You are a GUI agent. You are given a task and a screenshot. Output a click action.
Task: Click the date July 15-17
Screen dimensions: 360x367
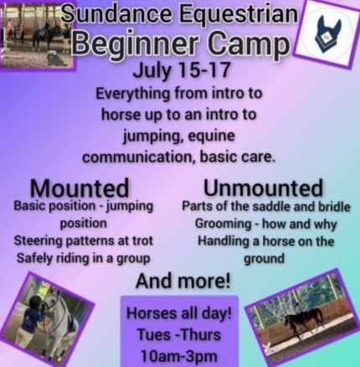tap(182, 70)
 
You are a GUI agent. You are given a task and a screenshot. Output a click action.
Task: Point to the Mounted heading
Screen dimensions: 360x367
tap(80, 188)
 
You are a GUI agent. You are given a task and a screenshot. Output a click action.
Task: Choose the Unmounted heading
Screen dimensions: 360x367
tap(263, 188)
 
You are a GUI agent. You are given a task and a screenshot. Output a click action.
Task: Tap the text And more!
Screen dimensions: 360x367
tap(183, 282)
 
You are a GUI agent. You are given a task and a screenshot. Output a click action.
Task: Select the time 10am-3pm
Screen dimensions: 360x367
tap(179, 355)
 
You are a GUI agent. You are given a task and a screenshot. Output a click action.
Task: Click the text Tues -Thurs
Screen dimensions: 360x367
tap(179, 334)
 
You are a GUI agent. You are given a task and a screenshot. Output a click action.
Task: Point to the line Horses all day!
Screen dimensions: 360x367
tap(179, 313)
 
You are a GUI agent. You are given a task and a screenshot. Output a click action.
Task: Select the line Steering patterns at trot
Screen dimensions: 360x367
tap(84, 241)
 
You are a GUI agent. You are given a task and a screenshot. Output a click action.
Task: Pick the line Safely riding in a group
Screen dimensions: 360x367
tap(83, 259)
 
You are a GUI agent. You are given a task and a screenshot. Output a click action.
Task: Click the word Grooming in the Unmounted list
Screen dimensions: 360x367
tap(223, 225)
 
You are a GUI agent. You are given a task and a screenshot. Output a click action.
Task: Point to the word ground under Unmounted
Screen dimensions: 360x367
tap(264, 259)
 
